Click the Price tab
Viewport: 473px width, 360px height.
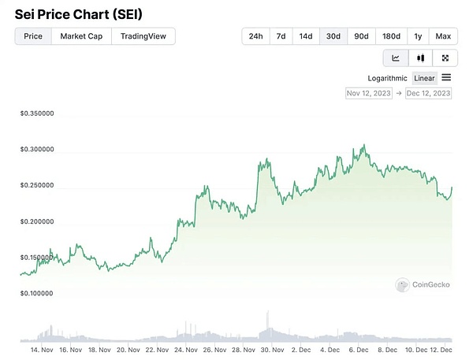(33, 36)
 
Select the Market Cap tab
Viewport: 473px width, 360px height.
(81, 36)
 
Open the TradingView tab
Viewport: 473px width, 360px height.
(143, 36)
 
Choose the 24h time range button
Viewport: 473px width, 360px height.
(256, 36)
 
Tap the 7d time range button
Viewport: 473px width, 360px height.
(281, 36)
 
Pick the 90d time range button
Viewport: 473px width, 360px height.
(361, 36)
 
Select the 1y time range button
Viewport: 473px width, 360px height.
(418, 36)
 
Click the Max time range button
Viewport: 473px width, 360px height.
(443, 36)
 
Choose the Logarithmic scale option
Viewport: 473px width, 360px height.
(387, 78)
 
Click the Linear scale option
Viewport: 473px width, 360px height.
(424, 78)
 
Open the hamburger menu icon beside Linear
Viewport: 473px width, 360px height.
(446, 77)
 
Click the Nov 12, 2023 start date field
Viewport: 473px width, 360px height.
(369, 93)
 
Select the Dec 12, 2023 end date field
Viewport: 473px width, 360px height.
(429, 93)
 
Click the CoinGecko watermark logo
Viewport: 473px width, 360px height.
(423, 284)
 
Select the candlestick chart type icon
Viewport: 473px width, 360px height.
(421, 58)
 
